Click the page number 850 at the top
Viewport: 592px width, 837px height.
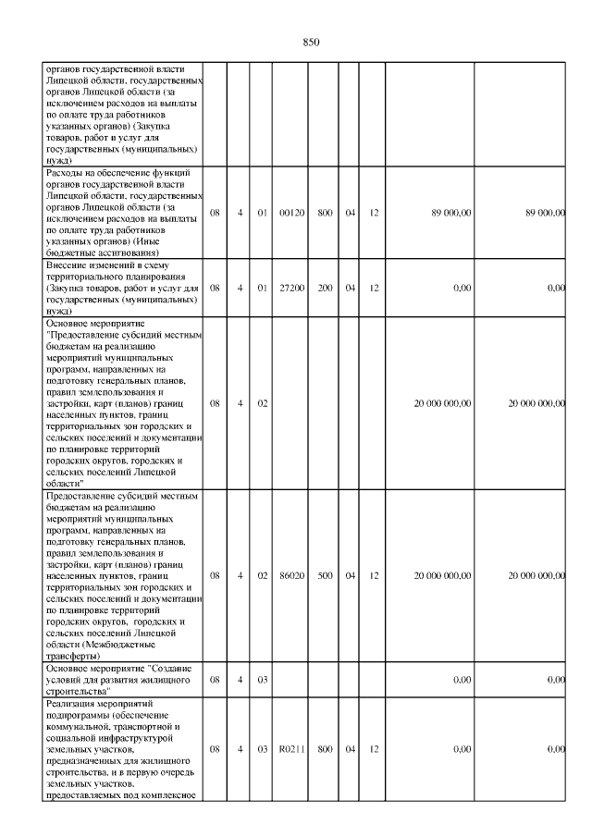[311, 43]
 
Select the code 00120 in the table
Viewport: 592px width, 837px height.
[292, 213]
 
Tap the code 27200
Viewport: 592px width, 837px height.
[292, 289]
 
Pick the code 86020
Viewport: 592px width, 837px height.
[292, 575]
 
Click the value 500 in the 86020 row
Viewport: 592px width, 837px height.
[326, 575]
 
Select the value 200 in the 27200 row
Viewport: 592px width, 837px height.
[326, 289]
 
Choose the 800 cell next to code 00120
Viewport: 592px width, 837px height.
[326, 213]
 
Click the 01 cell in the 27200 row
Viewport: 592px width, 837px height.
[262, 289]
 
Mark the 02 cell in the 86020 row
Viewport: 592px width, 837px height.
[262, 575]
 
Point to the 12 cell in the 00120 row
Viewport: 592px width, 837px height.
[374, 213]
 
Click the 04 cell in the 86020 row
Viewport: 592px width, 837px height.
[351, 575]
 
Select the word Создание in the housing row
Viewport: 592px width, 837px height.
[169, 668]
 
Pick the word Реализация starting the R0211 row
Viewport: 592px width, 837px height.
[73, 704]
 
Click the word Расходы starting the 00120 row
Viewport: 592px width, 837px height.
[68, 173]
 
